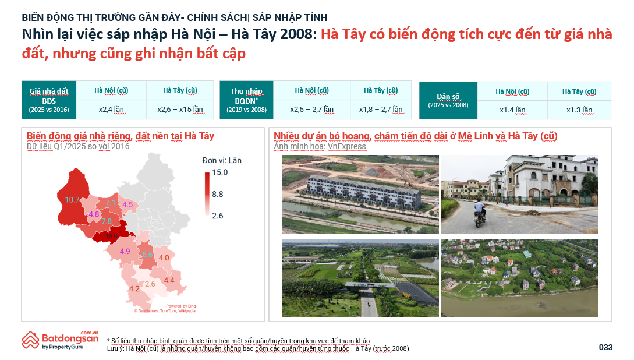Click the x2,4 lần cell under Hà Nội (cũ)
click(111, 109)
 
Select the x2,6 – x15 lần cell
click(180, 109)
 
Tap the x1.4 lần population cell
click(512, 110)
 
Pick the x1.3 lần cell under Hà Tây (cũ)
click(579, 110)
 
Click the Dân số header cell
click(448, 100)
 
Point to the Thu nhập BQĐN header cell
click(246, 100)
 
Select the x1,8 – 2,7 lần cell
click(380, 109)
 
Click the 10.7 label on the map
click(72, 200)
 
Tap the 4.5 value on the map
click(127, 204)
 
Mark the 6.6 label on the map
click(148, 255)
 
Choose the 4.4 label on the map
click(169, 281)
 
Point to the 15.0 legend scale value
click(219, 172)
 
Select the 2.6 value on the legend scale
click(218, 216)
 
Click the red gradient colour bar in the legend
click(207, 194)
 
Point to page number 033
click(605, 347)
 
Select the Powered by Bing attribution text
click(180, 306)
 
